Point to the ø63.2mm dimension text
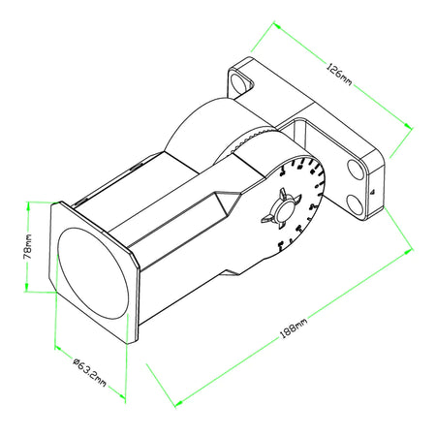click(88, 375)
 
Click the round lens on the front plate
click(91, 276)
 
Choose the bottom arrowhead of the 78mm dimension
click(28, 288)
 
